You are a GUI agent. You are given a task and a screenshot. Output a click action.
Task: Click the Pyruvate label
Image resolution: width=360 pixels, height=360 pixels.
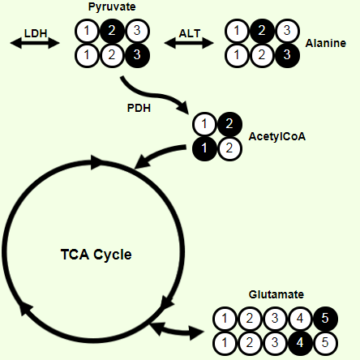point(112,7)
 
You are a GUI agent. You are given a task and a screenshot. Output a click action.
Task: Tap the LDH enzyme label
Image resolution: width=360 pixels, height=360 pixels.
point(36,33)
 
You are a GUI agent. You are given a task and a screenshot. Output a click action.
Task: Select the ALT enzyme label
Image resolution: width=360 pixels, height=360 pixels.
point(190,33)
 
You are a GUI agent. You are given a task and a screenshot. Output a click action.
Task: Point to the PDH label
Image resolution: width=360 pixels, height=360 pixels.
point(139,108)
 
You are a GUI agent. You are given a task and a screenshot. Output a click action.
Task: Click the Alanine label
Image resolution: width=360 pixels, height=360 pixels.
point(326,43)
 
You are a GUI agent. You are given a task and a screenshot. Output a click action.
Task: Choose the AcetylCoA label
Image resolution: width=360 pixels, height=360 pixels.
point(277,136)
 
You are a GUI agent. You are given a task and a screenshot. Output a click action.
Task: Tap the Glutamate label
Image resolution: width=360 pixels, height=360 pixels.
point(276,294)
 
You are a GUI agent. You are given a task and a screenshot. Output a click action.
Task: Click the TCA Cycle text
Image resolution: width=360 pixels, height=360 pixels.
point(96,255)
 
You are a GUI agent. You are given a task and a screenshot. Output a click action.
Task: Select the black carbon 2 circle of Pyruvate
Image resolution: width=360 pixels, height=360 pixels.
point(112,31)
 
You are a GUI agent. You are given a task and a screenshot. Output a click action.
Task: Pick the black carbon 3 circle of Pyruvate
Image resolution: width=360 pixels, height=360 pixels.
point(137,55)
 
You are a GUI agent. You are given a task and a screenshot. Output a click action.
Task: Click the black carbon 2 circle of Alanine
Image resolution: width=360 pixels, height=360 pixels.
point(262,31)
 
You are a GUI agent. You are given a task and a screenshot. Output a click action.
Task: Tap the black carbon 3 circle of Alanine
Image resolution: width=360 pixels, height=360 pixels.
point(287,55)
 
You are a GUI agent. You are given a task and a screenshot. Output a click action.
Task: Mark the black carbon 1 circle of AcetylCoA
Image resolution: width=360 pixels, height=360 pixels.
point(204,148)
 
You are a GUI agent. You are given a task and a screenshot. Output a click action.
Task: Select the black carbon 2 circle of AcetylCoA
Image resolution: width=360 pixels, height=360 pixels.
point(229,124)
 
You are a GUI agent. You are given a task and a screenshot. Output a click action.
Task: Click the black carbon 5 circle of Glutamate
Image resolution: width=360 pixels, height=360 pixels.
point(325,319)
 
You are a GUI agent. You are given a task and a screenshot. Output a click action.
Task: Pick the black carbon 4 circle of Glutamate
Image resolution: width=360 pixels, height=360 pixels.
point(300,343)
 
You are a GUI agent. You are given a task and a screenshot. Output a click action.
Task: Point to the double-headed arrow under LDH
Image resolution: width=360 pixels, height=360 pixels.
point(35,43)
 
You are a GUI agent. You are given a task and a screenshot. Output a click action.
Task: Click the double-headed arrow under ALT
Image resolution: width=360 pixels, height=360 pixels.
point(189,43)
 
